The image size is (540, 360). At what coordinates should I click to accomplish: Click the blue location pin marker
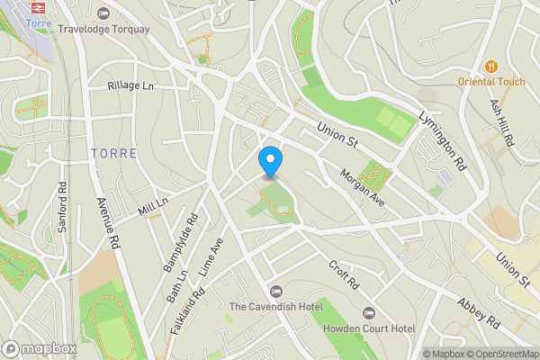(x=270, y=161)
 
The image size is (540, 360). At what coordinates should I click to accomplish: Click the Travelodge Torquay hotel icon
(x=103, y=13)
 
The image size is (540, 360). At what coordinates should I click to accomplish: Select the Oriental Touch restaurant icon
(x=491, y=67)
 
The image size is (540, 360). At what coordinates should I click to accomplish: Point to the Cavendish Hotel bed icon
(x=275, y=291)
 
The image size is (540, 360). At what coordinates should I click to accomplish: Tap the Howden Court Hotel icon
(x=367, y=312)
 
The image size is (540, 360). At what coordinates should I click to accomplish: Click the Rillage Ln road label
(x=131, y=85)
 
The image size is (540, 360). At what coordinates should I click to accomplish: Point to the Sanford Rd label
(x=62, y=209)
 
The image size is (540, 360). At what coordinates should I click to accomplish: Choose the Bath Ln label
(x=179, y=284)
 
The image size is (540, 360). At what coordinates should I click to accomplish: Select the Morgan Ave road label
(x=362, y=187)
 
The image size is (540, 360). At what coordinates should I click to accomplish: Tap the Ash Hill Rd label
(x=501, y=122)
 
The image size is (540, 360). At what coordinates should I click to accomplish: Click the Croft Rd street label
(x=344, y=274)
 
